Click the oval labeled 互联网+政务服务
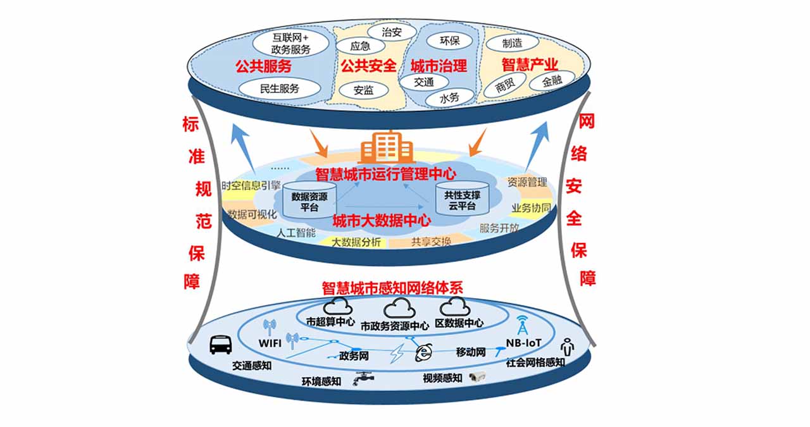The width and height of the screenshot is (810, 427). point(290,44)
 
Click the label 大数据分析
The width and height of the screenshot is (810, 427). point(356,242)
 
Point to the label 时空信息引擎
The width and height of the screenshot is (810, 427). point(251,186)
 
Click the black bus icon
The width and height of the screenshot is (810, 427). point(220,345)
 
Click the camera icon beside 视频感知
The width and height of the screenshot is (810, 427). point(476,378)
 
